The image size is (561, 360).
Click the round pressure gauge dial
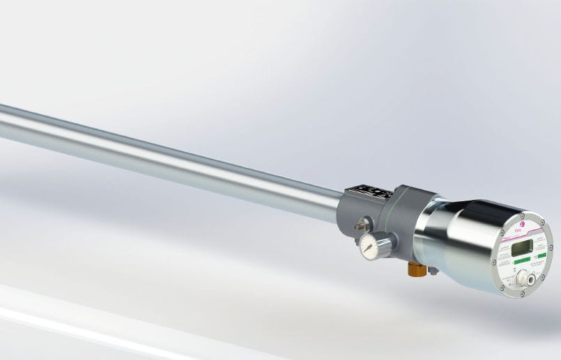tap(368, 246)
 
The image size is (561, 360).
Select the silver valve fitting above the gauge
tap(362, 226)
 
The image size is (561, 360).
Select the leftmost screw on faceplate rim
tap(493, 262)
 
